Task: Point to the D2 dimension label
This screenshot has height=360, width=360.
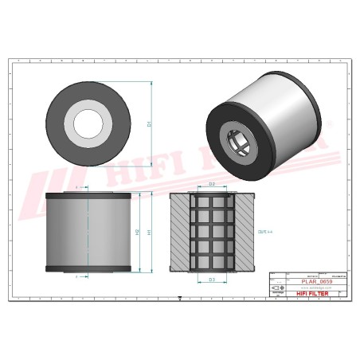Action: click(x=211, y=185)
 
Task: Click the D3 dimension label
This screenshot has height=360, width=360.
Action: click(x=211, y=280)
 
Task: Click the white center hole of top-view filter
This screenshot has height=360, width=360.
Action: click(x=88, y=123)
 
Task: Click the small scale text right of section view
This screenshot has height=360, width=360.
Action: click(x=265, y=232)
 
